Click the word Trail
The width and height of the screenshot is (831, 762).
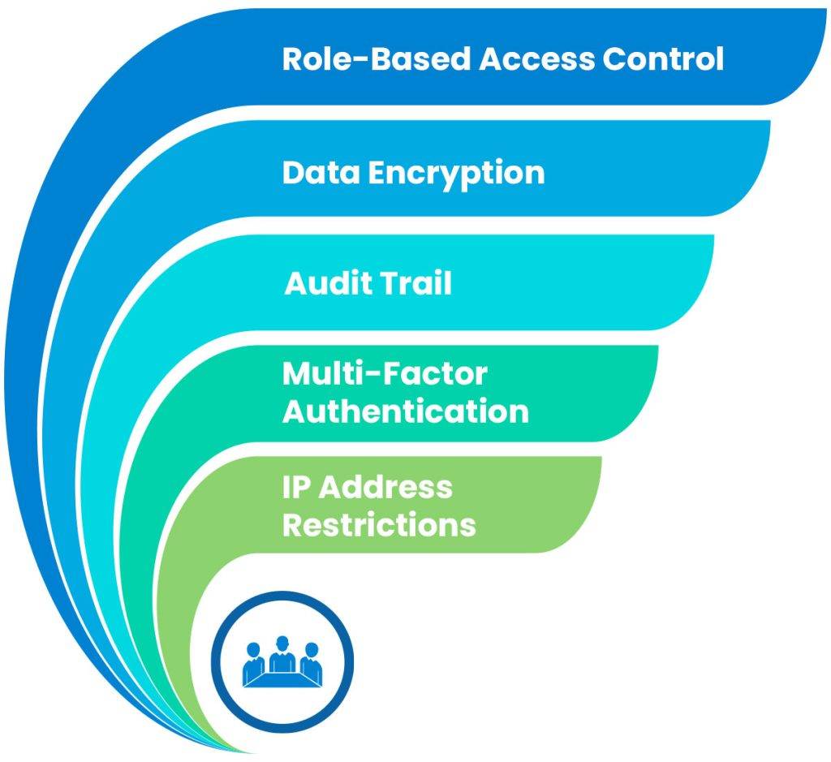point(414,284)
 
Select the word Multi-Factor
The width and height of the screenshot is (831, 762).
point(385,374)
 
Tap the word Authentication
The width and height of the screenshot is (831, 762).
point(405,411)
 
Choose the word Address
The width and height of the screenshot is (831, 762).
point(386,487)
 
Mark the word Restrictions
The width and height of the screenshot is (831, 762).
point(378,524)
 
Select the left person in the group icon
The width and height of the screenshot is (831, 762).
point(253,659)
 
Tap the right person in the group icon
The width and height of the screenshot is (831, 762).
point(311,659)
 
